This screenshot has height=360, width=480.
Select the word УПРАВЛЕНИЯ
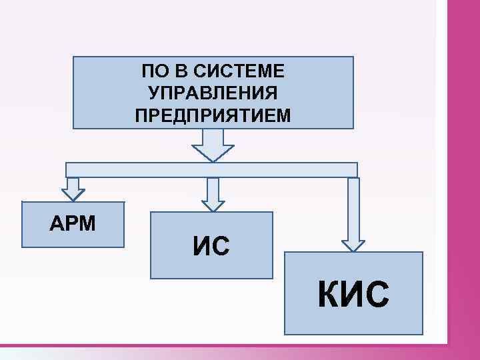[213, 93]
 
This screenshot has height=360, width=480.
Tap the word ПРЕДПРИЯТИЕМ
[213, 116]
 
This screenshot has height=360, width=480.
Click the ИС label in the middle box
[211, 246]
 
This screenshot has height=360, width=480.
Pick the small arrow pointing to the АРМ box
[73, 189]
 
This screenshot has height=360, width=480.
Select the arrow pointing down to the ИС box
[213, 194]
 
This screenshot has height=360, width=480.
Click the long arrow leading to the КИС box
[353, 213]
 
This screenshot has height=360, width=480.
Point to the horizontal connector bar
[213, 170]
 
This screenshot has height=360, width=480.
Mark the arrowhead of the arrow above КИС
[353, 244]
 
